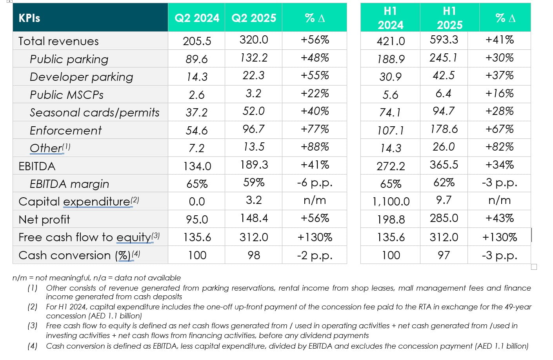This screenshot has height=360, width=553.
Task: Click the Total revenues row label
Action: [58, 41]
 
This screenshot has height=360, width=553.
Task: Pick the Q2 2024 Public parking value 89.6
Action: [197, 59]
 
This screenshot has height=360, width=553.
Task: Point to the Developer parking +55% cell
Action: [315, 76]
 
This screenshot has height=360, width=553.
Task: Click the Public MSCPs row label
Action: [67, 95]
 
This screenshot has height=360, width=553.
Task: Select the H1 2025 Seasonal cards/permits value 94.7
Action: [444, 111]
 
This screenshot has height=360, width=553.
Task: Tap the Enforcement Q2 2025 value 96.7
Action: [253, 129]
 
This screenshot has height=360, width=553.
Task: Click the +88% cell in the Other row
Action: [315, 147]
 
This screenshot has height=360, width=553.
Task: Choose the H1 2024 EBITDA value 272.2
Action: [391, 166]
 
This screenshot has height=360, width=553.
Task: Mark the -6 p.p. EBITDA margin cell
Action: [315, 183]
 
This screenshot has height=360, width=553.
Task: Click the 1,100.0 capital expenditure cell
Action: [391, 202]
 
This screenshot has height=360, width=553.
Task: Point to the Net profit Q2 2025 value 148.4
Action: [254, 218]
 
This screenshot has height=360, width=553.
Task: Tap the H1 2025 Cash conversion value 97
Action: [444, 255]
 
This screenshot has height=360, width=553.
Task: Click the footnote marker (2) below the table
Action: [32, 307]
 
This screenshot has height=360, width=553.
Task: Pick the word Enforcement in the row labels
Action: [65, 130]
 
